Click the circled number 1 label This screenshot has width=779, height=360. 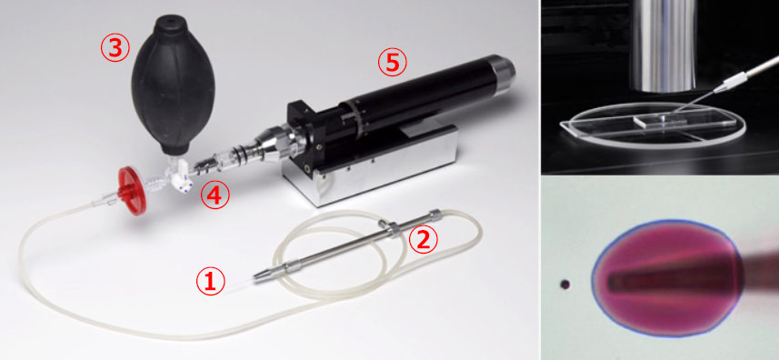(211, 282)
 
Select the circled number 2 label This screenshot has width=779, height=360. (423, 240)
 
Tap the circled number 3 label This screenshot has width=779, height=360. (115, 49)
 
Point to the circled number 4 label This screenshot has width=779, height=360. (215, 195)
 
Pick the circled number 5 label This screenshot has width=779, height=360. (393, 63)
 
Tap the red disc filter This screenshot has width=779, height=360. (131, 191)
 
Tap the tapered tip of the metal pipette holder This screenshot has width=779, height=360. (262, 275)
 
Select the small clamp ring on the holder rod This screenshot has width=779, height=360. (393, 227)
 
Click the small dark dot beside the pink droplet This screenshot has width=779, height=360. (564, 285)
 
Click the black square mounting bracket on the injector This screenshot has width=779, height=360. (302, 131)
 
